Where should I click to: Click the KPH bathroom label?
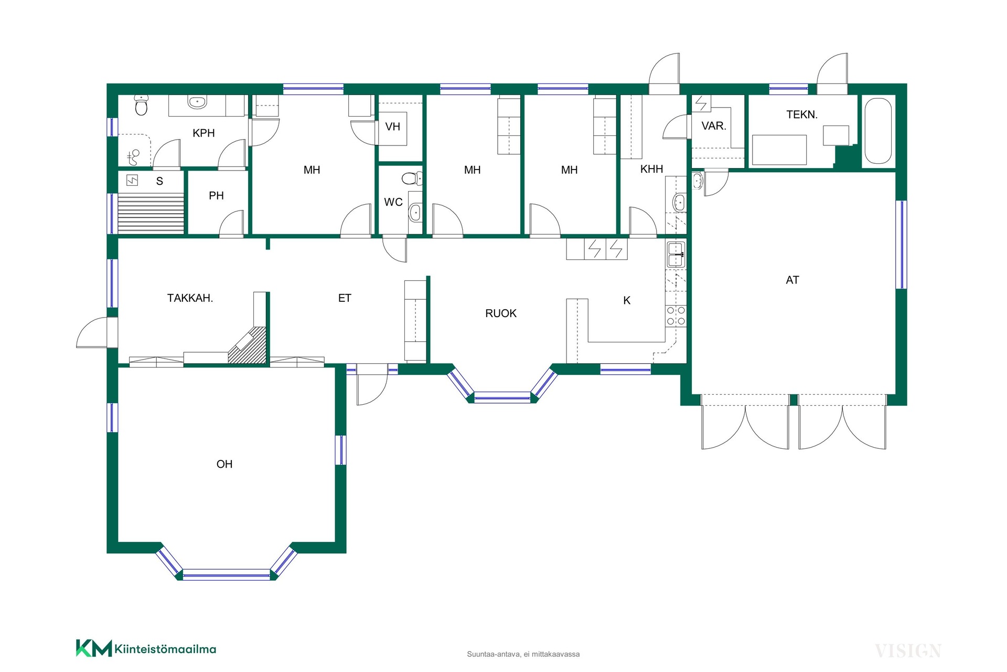pos(203,133)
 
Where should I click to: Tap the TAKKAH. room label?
pos(190,298)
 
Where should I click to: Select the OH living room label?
pos(224,464)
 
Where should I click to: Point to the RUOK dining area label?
pos(501,313)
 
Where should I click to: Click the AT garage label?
pos(792,280)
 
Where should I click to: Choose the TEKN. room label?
pos(802,114)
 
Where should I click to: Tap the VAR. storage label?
pos(714,126)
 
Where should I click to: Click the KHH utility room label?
pos(652,169)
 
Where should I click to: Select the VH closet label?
pos(393,127)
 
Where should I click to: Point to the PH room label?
pos(216,196)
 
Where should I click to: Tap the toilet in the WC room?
pos(412,178)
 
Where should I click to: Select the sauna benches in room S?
pos(151,213)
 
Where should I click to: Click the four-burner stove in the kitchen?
pos(676,316)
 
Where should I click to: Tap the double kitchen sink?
pos(676,255)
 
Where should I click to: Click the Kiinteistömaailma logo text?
pos(165,649)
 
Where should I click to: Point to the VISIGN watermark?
pos(908,652)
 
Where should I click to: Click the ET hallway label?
pos(345,298)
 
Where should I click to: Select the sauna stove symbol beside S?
pos(132,181)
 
